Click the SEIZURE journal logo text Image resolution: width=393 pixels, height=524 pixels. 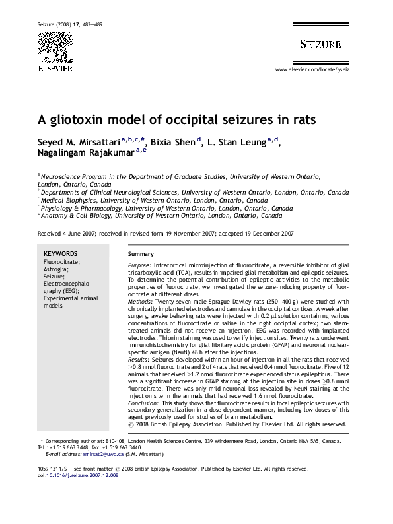pyautogui.click(x=320, y=44)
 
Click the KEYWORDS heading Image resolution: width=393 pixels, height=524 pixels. pyautogui.click(x=60, y=254)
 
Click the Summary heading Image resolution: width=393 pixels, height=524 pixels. pyautogui.click(x=141, y=254)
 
